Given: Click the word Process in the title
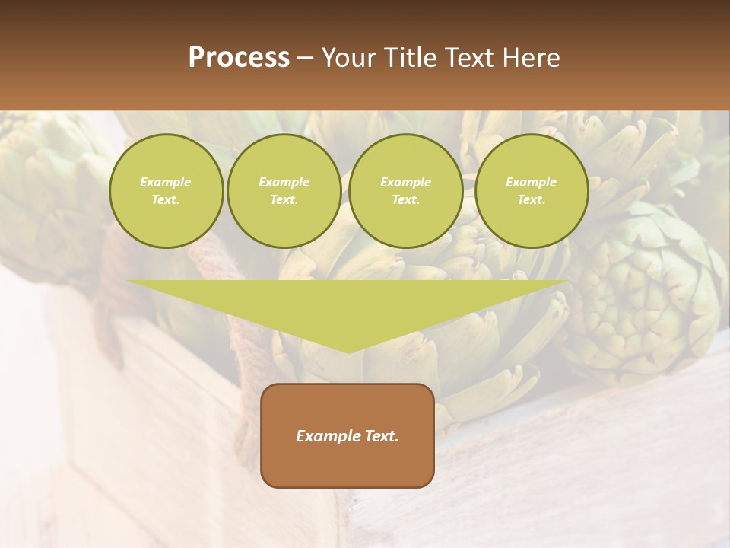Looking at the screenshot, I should pos(239,58).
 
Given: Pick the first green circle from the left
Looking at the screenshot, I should pos(166,191).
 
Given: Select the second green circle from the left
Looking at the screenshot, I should pos(284,191).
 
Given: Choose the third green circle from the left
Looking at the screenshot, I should pos(406,191).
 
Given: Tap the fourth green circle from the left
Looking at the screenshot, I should pos(532,191).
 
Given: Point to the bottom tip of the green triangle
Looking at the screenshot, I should pos(348,352).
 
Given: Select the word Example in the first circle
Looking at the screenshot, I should pos(166,182).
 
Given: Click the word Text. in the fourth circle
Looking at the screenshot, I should pos(532,200).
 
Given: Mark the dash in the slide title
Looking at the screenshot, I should pos(306,58).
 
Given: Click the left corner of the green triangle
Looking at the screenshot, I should pos(128,281).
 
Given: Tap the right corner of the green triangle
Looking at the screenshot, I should pos(568,281).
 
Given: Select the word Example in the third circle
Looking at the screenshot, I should pos(406,182).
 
